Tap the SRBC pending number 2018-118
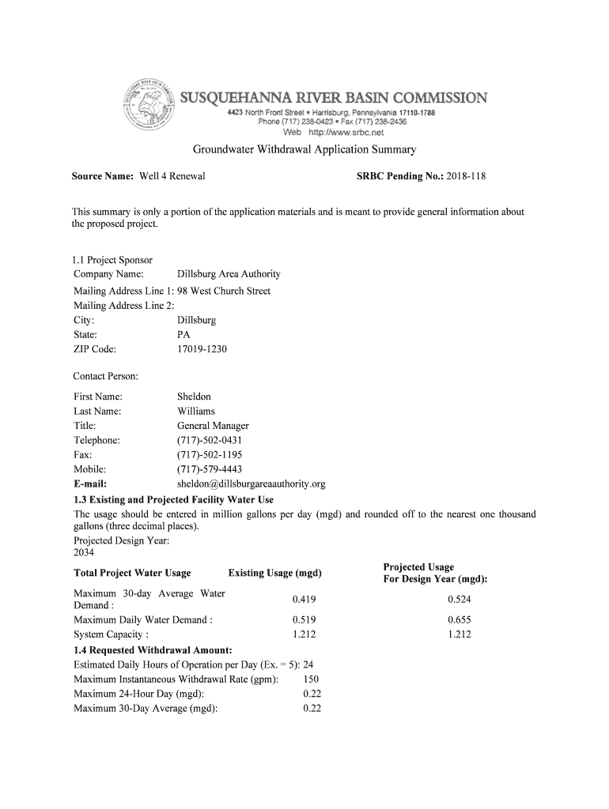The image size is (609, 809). tap(466, 176)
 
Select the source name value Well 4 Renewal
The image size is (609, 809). tap(172, 176)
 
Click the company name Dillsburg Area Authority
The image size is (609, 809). tap(229, 274)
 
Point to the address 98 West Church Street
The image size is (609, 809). tap(224, 291)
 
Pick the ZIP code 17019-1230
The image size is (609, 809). tap(202, 348)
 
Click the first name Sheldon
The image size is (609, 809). tap(194, 397)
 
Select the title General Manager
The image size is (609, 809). tap(213, 426)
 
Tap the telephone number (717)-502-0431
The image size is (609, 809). tap(210, 440)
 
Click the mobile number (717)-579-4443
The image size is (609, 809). tap(210, 469)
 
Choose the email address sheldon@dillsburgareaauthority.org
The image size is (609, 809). tap(252, 484)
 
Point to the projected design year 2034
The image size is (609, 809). tap(84, 552)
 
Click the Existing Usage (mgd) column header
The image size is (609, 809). tap(274, 573)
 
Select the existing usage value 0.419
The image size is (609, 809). tap(304, 600)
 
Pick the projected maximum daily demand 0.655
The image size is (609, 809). tap(459, 620)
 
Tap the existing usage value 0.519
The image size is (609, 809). tap(304, 620)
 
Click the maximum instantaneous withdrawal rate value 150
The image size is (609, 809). tap(311, 679)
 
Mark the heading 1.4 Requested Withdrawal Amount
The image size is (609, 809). tap(153, 650)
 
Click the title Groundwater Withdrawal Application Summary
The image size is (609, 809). tap(304, 149)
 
